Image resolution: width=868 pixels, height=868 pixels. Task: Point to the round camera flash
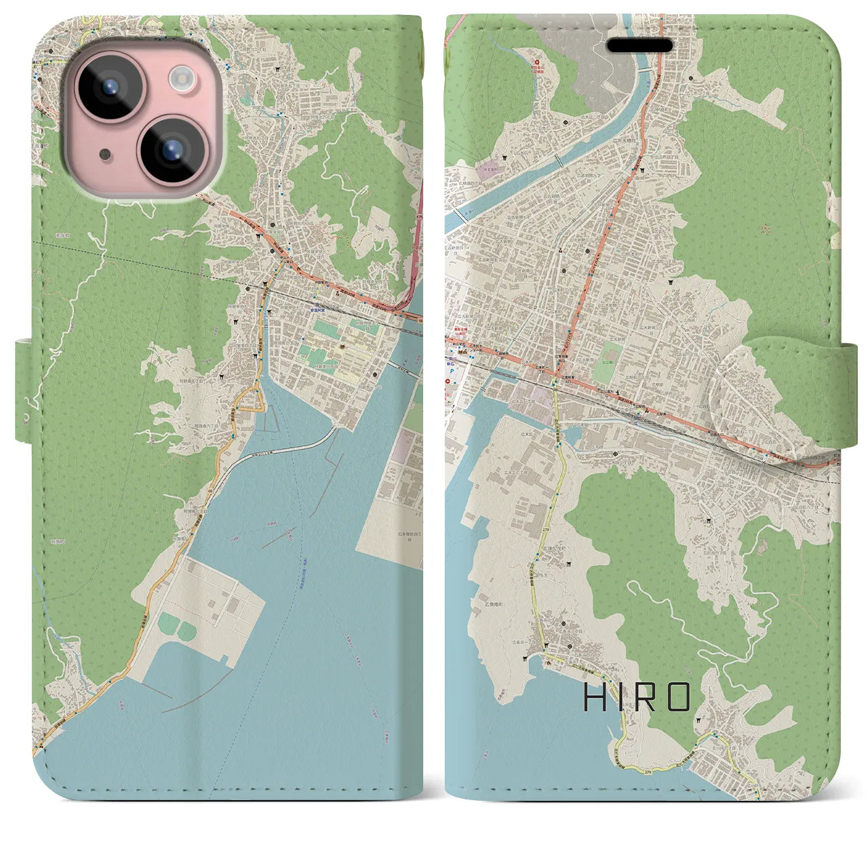[181, 79]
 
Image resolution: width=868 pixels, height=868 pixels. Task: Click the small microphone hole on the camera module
[104, 153]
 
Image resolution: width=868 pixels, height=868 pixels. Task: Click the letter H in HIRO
[594, 696]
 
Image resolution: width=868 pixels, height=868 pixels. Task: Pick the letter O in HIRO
[679, 696]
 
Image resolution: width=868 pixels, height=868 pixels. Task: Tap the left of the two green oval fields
[167, 620]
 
